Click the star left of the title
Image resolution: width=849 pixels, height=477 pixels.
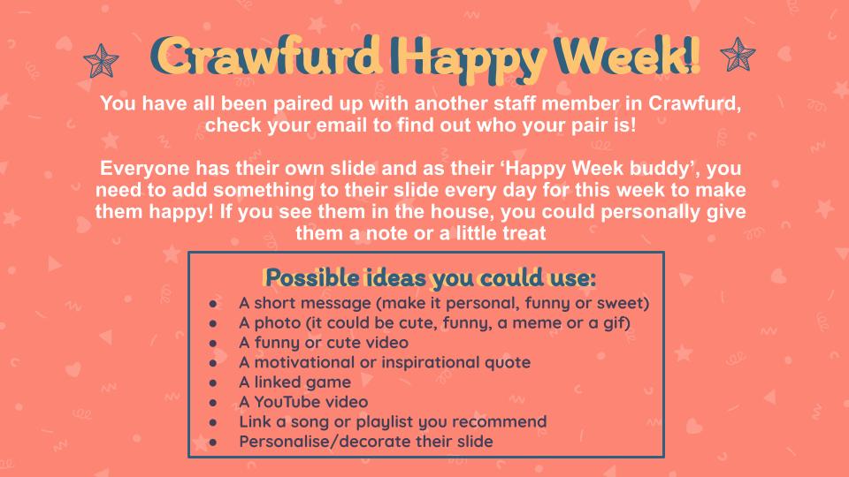[101, 61]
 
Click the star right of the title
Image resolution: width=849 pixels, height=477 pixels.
[738, 55]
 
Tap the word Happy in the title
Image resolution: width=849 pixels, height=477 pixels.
[467, 58]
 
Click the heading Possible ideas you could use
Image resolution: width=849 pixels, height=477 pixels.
[430, 278]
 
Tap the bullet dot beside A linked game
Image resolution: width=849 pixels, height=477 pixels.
[213, 382]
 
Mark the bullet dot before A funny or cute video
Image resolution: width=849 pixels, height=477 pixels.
[213, 344]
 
